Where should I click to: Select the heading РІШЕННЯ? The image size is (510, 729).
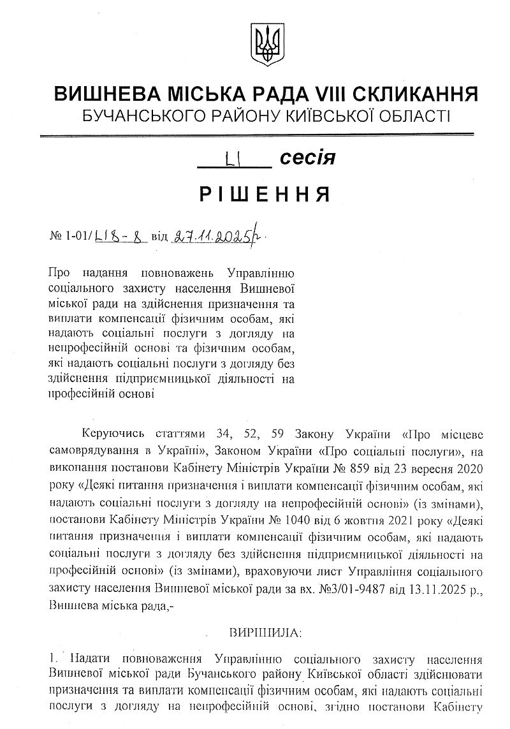click(x=265, y=193)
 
